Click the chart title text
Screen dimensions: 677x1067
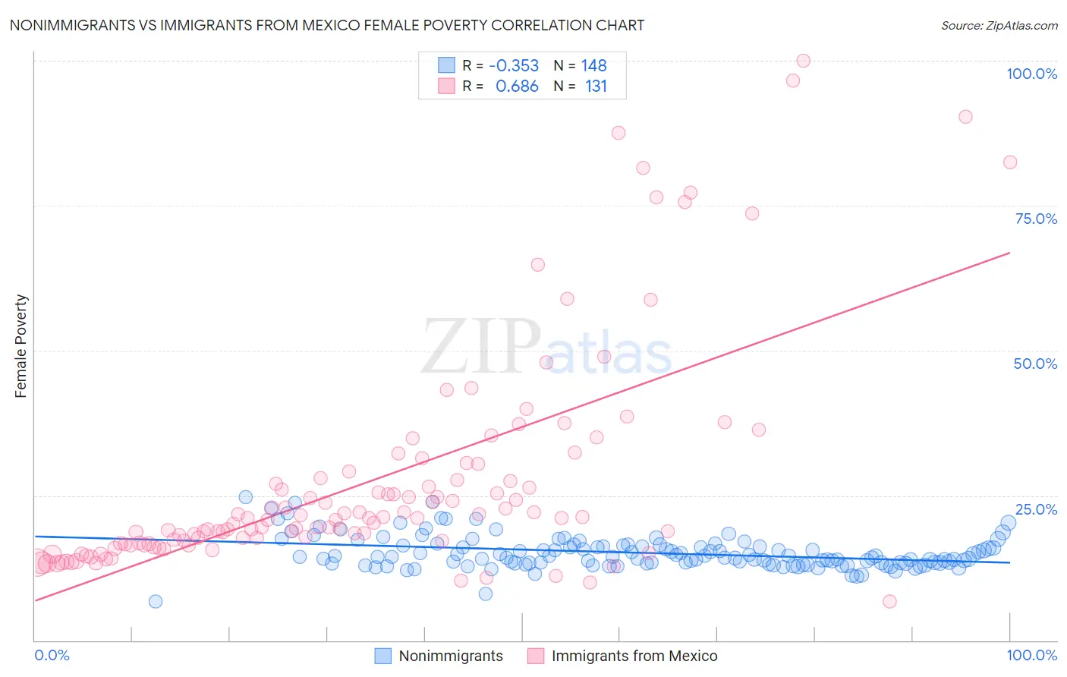click(327, 25)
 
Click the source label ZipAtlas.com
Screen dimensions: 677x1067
click(999, 25)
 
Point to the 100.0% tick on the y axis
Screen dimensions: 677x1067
click(1031, 74)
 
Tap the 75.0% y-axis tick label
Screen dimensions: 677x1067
click(1036, 219)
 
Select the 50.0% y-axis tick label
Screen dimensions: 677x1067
click(1035, 364)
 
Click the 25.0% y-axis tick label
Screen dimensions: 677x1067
click(1036, 509)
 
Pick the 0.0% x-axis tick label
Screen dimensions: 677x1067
click(52, 655)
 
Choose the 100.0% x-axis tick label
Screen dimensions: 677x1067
click(1031, 655)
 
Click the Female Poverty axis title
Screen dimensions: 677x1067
click(21, 346)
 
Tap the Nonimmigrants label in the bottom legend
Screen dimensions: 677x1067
click(451, 656)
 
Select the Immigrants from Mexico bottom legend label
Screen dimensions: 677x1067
click(634, 656)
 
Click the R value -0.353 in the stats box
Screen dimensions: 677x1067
click(514, 66)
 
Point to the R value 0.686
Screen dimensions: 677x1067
click(517, 87)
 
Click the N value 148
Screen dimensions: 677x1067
click(594, 66)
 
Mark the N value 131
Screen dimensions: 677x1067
click(596, 87)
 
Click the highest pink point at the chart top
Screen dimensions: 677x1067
click(803, 61)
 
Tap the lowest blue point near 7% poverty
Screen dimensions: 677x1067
click(156, 601)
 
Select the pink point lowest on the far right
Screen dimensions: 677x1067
click(889, 601)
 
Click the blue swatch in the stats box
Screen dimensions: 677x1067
click(446, 65)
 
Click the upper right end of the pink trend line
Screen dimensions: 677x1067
click(1009, 253)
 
